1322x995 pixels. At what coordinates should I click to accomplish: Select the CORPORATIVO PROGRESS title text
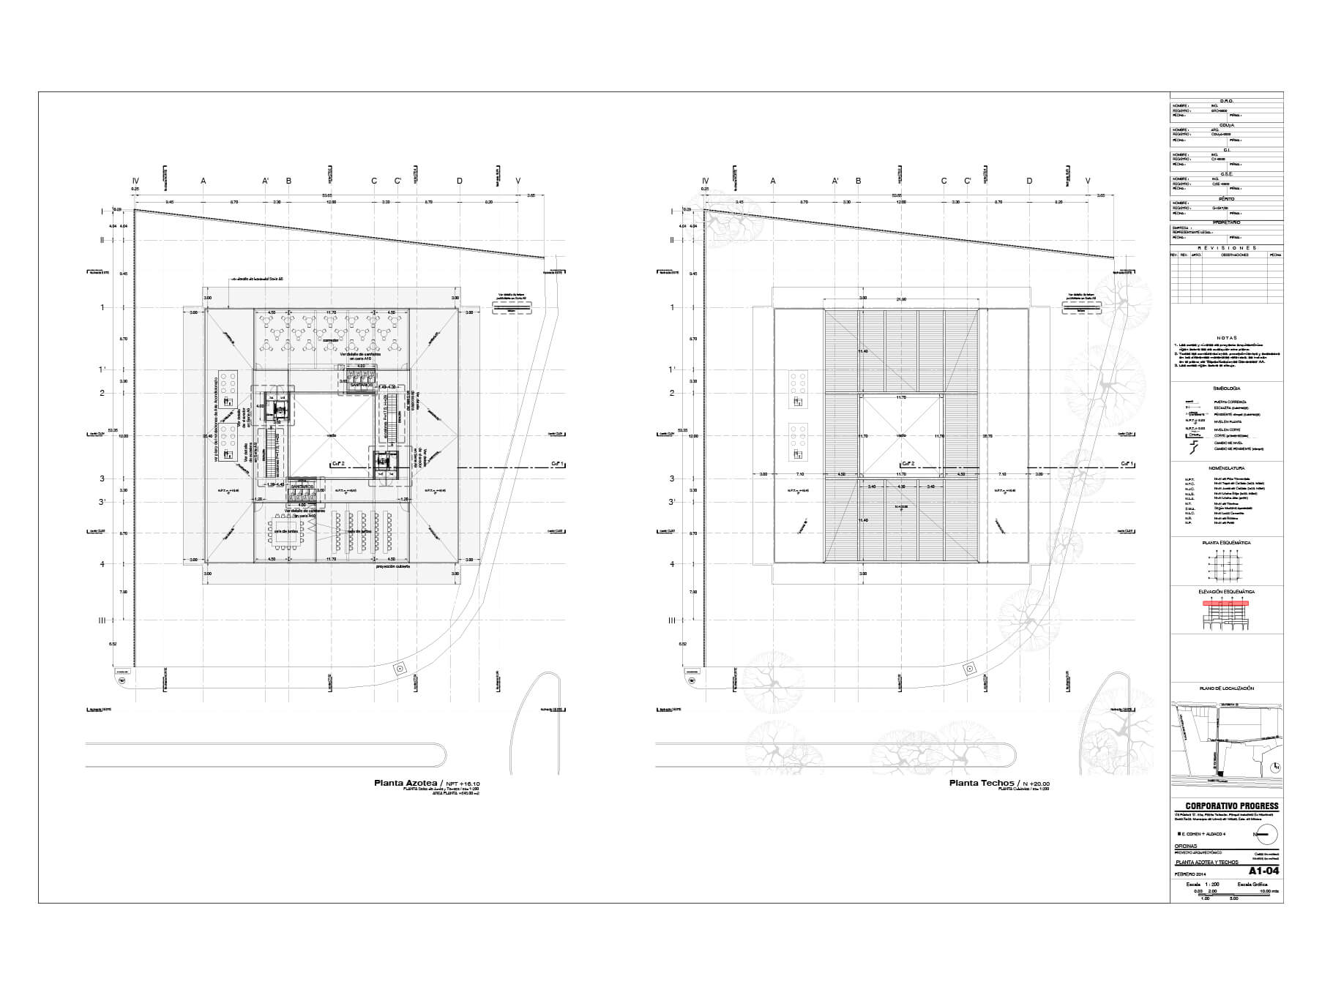1227,806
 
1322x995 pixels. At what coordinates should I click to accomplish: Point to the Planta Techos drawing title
981,783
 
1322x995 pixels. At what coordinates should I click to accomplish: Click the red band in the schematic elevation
1226,604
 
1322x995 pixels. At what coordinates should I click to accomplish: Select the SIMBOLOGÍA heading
1226,389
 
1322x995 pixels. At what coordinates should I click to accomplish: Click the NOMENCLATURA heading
1226,468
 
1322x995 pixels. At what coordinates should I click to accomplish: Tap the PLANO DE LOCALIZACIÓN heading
1226,688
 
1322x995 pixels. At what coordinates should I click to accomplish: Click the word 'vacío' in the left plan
332,435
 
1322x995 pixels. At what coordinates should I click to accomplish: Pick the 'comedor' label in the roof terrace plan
329,342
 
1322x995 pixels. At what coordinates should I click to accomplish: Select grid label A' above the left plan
266,181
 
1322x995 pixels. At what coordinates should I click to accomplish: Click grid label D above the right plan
1030,181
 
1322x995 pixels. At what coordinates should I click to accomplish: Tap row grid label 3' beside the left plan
102,502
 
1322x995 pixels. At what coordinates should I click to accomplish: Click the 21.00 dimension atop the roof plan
901,298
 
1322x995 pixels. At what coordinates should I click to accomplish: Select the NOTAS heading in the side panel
1226,338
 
